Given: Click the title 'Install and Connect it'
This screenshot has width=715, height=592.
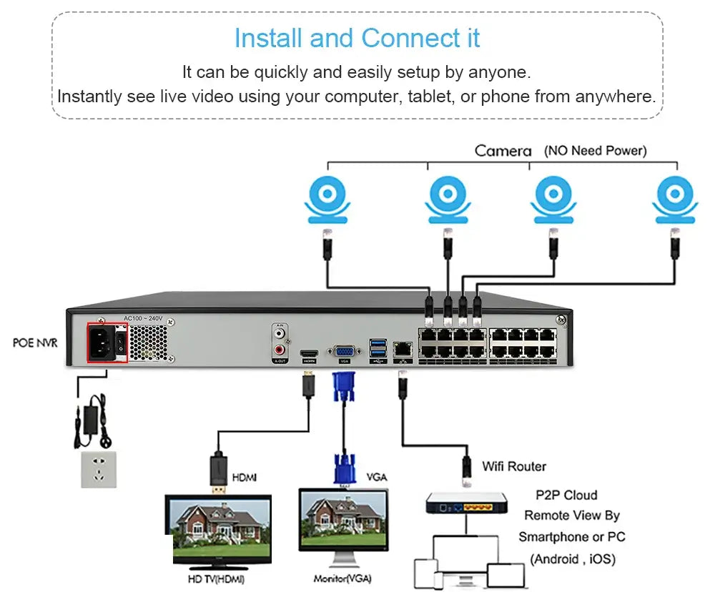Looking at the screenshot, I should (357, 38).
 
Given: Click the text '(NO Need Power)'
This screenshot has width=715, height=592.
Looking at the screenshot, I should (595, 151).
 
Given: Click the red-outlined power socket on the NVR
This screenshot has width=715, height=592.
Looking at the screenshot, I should (107, 342).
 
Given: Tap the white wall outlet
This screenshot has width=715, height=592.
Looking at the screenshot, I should (99, 469).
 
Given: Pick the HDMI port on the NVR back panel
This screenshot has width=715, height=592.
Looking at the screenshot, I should (309, 354).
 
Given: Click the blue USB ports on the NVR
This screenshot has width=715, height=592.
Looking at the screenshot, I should (377, 348).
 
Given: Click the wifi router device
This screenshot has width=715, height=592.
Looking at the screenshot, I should (467, 505).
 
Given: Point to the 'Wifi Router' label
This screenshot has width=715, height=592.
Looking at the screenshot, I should (513, 466).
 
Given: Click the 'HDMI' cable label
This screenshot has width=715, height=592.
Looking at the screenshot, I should (245, 477).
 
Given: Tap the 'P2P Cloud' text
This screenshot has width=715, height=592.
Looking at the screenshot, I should (566, 495).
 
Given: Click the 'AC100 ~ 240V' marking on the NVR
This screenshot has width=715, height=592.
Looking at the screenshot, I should (143, 318).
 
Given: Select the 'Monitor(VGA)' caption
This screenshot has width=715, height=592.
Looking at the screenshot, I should (342, 578).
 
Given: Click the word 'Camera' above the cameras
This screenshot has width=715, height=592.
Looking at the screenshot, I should (503, 151).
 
